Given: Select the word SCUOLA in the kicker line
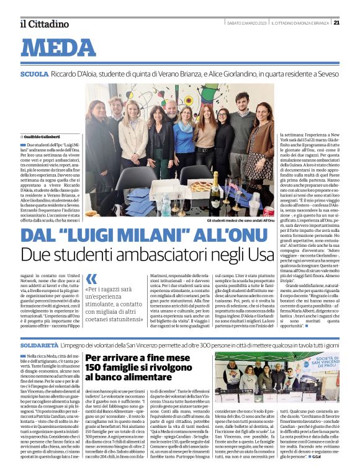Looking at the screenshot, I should (x=34, y=74).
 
